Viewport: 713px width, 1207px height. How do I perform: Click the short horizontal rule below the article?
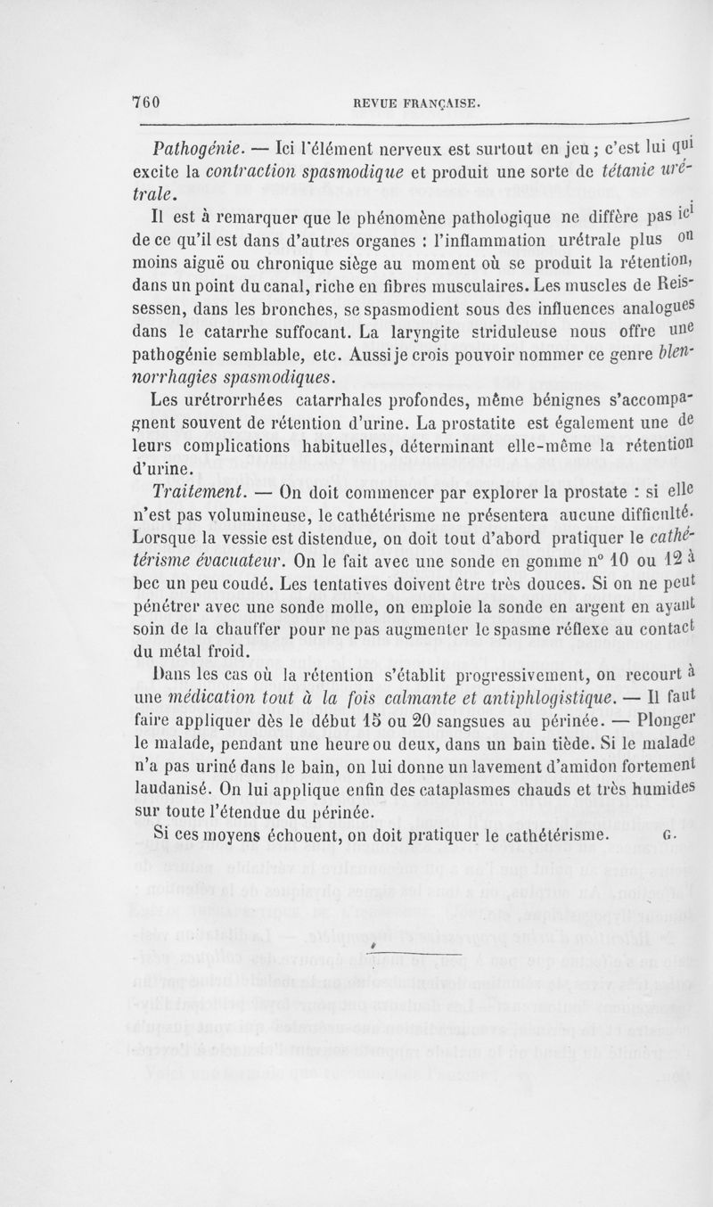click(397, 954)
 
